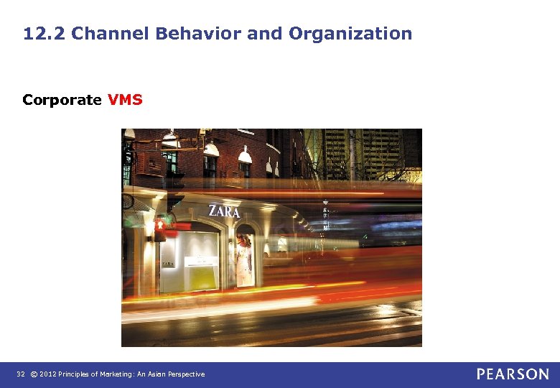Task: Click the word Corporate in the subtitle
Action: [x=62, y=100]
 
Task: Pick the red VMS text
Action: [x=125, y=100]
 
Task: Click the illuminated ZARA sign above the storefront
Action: [x=224, y=211]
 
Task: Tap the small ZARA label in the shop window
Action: [x=167, y=264]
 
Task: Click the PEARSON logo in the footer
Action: [x=513, y=374]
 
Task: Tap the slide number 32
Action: [x=21, y=374]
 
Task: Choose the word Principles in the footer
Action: [x=78, y=374]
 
